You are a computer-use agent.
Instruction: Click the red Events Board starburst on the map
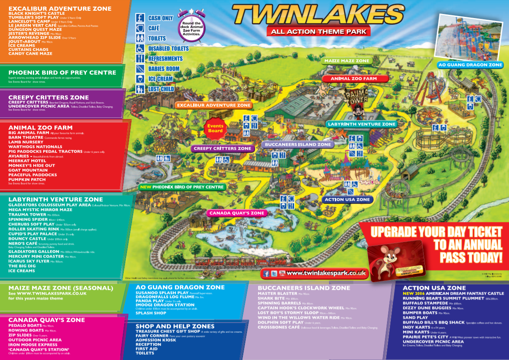215,128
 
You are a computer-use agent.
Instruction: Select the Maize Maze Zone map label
346,61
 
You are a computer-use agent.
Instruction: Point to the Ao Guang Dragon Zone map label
470,65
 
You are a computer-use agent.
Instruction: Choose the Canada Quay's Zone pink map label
237,213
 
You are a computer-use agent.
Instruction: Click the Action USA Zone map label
347,200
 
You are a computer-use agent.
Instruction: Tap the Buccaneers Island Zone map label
297,144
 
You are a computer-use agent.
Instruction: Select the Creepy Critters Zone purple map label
222,148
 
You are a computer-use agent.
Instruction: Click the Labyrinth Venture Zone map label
362,124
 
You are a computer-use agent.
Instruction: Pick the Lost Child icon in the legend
140,89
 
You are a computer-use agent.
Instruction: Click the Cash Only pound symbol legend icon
140,18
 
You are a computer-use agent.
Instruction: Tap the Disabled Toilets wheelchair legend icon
140,48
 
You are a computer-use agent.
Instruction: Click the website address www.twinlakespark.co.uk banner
326,273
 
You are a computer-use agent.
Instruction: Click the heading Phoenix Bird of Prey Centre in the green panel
62,73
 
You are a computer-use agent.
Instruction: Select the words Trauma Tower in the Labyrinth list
27,214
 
